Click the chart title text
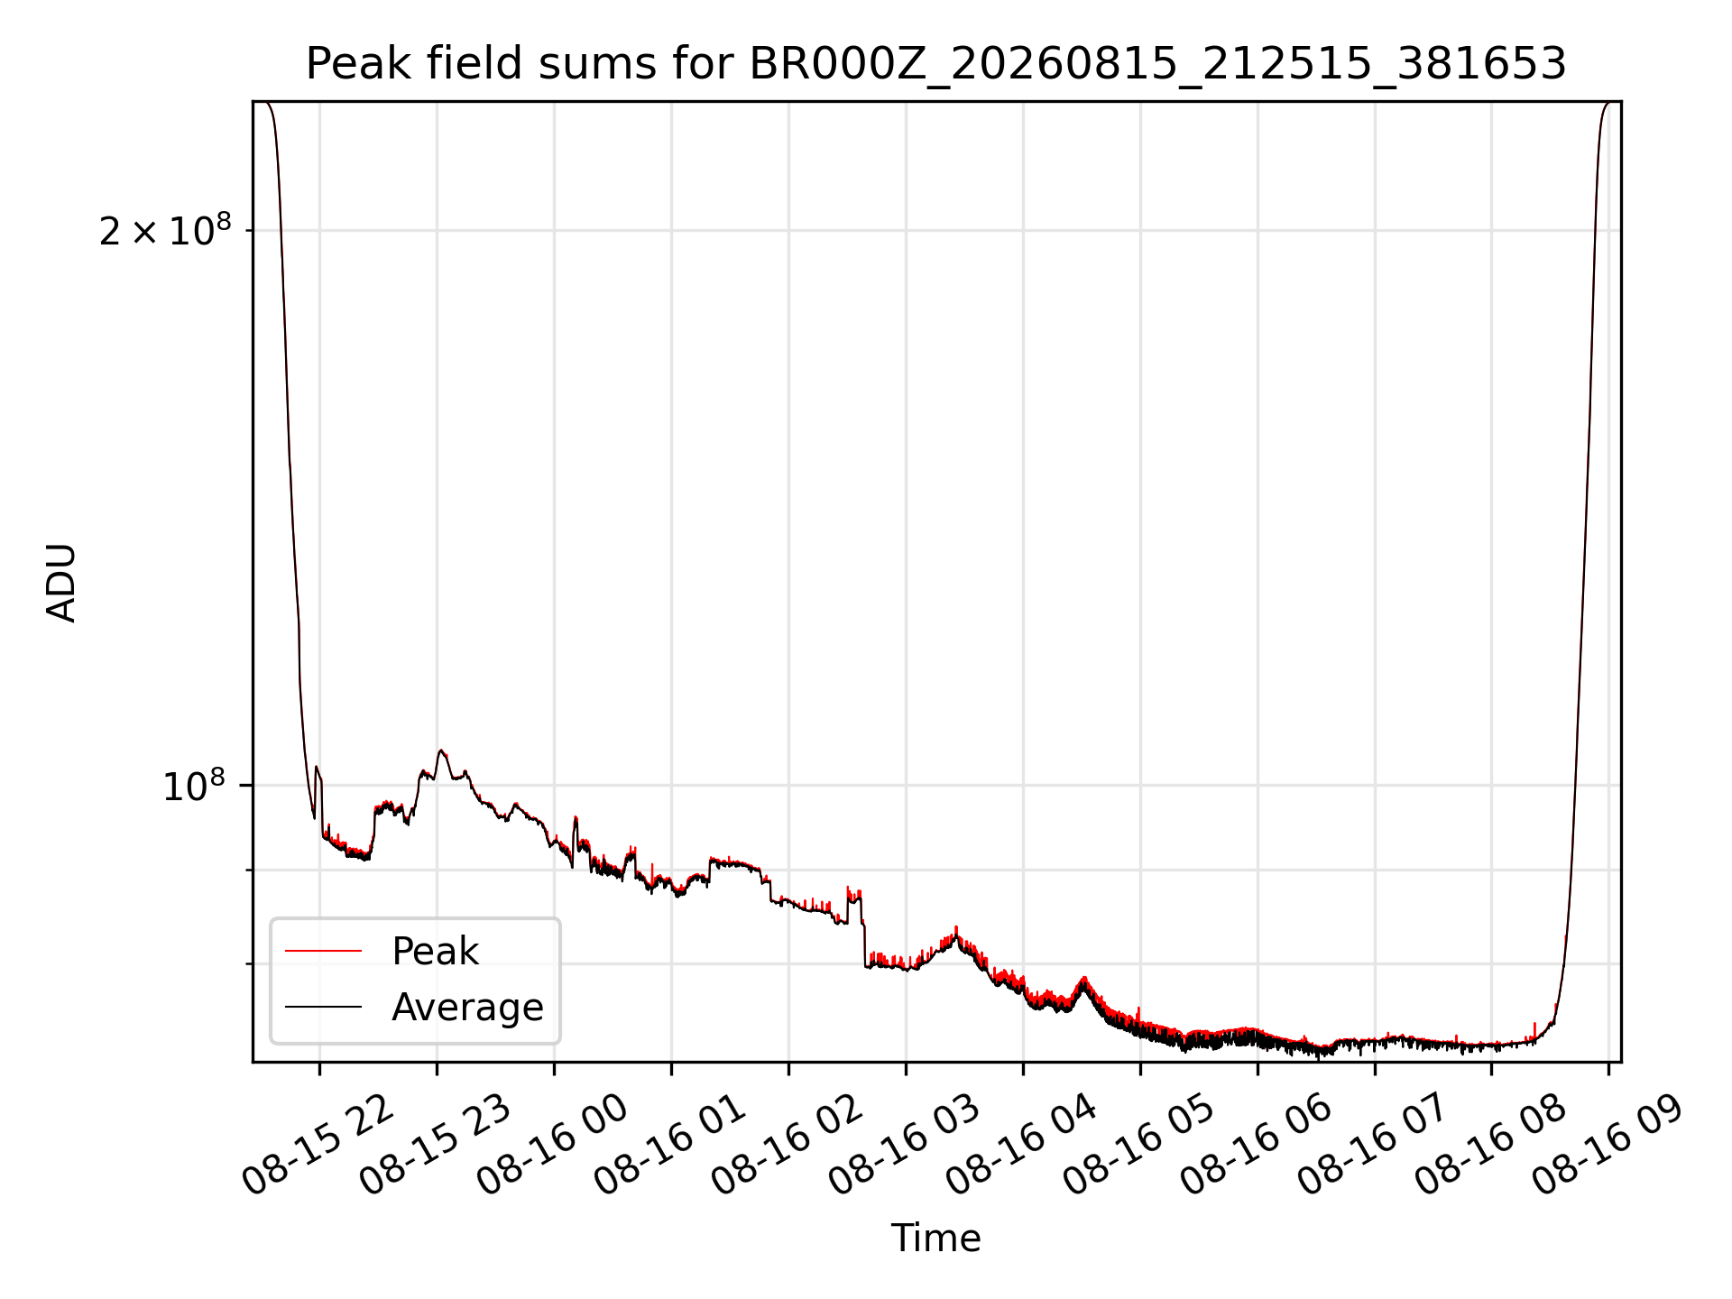pos(936,64)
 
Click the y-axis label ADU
pos(61,582)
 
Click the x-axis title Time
pos(936,1238)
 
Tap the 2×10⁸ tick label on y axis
pos(165,230)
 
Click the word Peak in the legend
pos(435,952)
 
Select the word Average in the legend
pos(467,1008)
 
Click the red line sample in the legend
pos(323,951)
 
